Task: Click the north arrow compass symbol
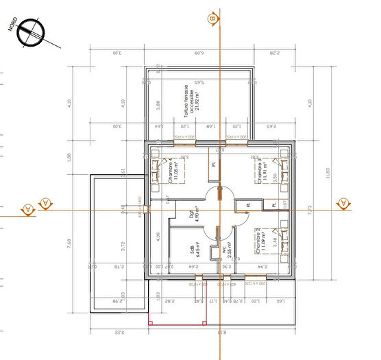point(30,30)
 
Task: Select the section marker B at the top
point(214,19)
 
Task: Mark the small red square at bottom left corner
point(150,322)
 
